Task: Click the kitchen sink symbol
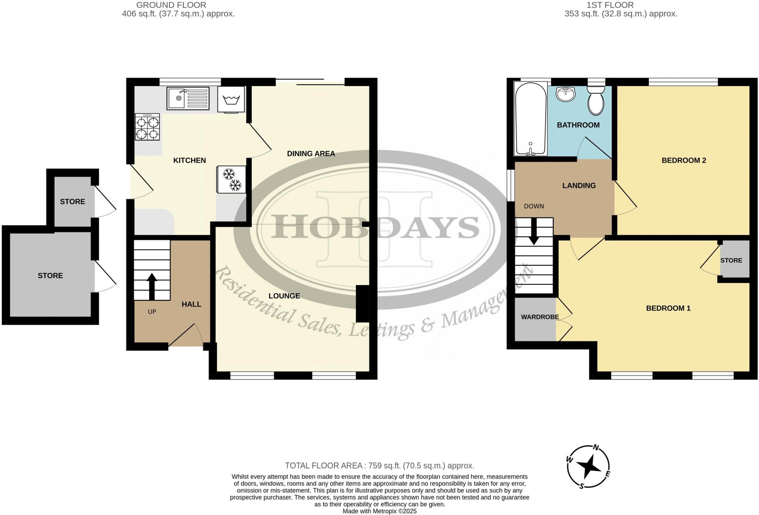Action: coord(188,98)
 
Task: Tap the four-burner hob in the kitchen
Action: coord(147,127)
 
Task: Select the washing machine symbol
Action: coord(231,99)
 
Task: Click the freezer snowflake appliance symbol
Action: coord(231,179)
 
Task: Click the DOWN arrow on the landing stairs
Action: coord(534,231)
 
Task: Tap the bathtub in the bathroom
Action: coord(530,119)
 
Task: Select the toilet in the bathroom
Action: coord(596,100)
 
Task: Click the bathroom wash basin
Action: coord(565,94)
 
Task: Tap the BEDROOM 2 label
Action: coord(684,160)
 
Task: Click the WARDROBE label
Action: coord(540,317)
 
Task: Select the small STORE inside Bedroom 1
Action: coord(731,260)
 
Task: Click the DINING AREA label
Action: coord(311,154)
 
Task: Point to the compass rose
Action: coord(588,467)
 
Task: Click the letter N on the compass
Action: coord(596,448)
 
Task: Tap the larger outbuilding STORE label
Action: coord(50,276)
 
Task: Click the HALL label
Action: coord(191,305)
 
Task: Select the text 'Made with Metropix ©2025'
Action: coord(379,511)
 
